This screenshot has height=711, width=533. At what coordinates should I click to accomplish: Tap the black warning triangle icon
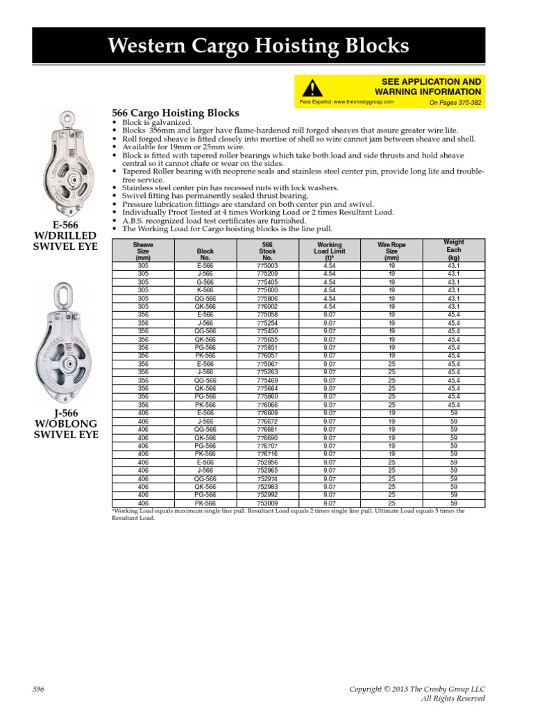tap(313, 88)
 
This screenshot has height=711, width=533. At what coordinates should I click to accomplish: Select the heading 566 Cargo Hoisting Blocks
tap(175, 112)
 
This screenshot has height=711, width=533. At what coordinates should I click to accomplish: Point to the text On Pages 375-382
tap(455, 102)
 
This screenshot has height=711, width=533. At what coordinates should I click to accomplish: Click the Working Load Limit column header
tap(329, 251)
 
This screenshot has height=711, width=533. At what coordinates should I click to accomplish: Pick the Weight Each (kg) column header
tap(453, 249)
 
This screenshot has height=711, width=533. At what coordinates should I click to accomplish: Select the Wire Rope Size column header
tap(391, 251)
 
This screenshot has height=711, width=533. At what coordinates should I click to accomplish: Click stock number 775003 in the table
tap(266, 266)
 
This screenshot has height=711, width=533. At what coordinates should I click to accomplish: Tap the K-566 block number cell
tap(205, 290)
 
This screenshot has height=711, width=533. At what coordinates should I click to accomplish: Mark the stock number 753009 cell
tap(266, 503)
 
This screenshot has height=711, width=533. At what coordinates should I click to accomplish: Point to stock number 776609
tap(266, 412)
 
